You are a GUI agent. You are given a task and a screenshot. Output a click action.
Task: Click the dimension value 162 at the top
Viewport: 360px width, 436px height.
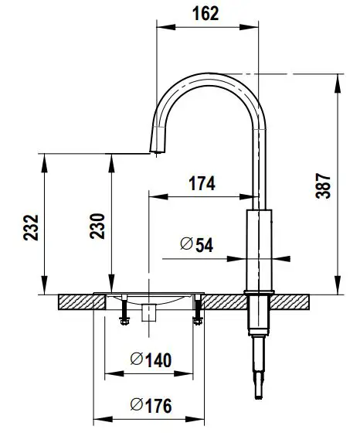click(x=205, y=13)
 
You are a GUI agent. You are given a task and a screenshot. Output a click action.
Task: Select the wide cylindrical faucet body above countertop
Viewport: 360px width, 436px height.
click(x=259, y=247)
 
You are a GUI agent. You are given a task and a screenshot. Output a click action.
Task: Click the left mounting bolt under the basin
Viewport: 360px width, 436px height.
click(x=121, y=311)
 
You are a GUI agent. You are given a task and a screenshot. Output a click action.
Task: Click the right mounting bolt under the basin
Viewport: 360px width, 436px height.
click(x=197, y=311)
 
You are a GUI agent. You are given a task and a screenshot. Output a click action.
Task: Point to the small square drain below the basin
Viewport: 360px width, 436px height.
click(x=150, y=312)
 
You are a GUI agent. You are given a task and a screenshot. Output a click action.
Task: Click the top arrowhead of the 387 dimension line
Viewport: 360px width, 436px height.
click(x=338, y=77)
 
